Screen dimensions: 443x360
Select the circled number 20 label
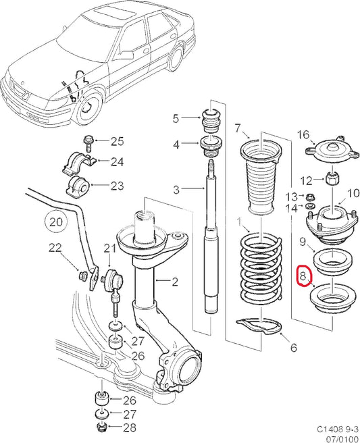[56, 220]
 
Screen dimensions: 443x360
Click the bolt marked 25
[88, 142]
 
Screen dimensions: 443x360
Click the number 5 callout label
[176, 119]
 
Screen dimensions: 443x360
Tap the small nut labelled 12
[332, 180]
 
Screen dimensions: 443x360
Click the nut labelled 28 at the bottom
[101, 428]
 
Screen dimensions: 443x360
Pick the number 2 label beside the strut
[176, 281]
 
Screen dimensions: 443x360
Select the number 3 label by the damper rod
[176, 190]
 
